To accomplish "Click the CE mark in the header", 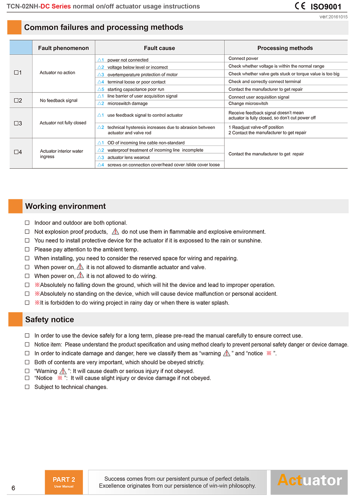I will point(300,6).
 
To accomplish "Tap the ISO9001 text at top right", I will point(326,7).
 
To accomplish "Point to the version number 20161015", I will point(338,17).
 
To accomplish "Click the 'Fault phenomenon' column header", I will point(63,48).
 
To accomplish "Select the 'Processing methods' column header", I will point(285,48).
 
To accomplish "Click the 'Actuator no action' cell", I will point(57,73).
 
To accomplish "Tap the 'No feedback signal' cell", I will point(59,101).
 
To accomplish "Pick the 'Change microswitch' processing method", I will point(248,103).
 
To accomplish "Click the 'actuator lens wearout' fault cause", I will point(128,158).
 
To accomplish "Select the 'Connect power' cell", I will point(243,59).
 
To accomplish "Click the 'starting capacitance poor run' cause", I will point(136,89).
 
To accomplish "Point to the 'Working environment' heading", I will point(66,206).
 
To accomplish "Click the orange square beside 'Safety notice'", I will point(15,319).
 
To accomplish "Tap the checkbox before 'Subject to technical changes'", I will point(27,387).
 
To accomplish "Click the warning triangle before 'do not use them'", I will point(115,232).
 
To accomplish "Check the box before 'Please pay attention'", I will point(27,249).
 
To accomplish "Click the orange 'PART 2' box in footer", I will point(64,482).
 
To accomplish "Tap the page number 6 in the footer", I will point(13,488).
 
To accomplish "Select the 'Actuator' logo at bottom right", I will point(309,481).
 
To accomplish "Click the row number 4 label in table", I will point(18,152).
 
